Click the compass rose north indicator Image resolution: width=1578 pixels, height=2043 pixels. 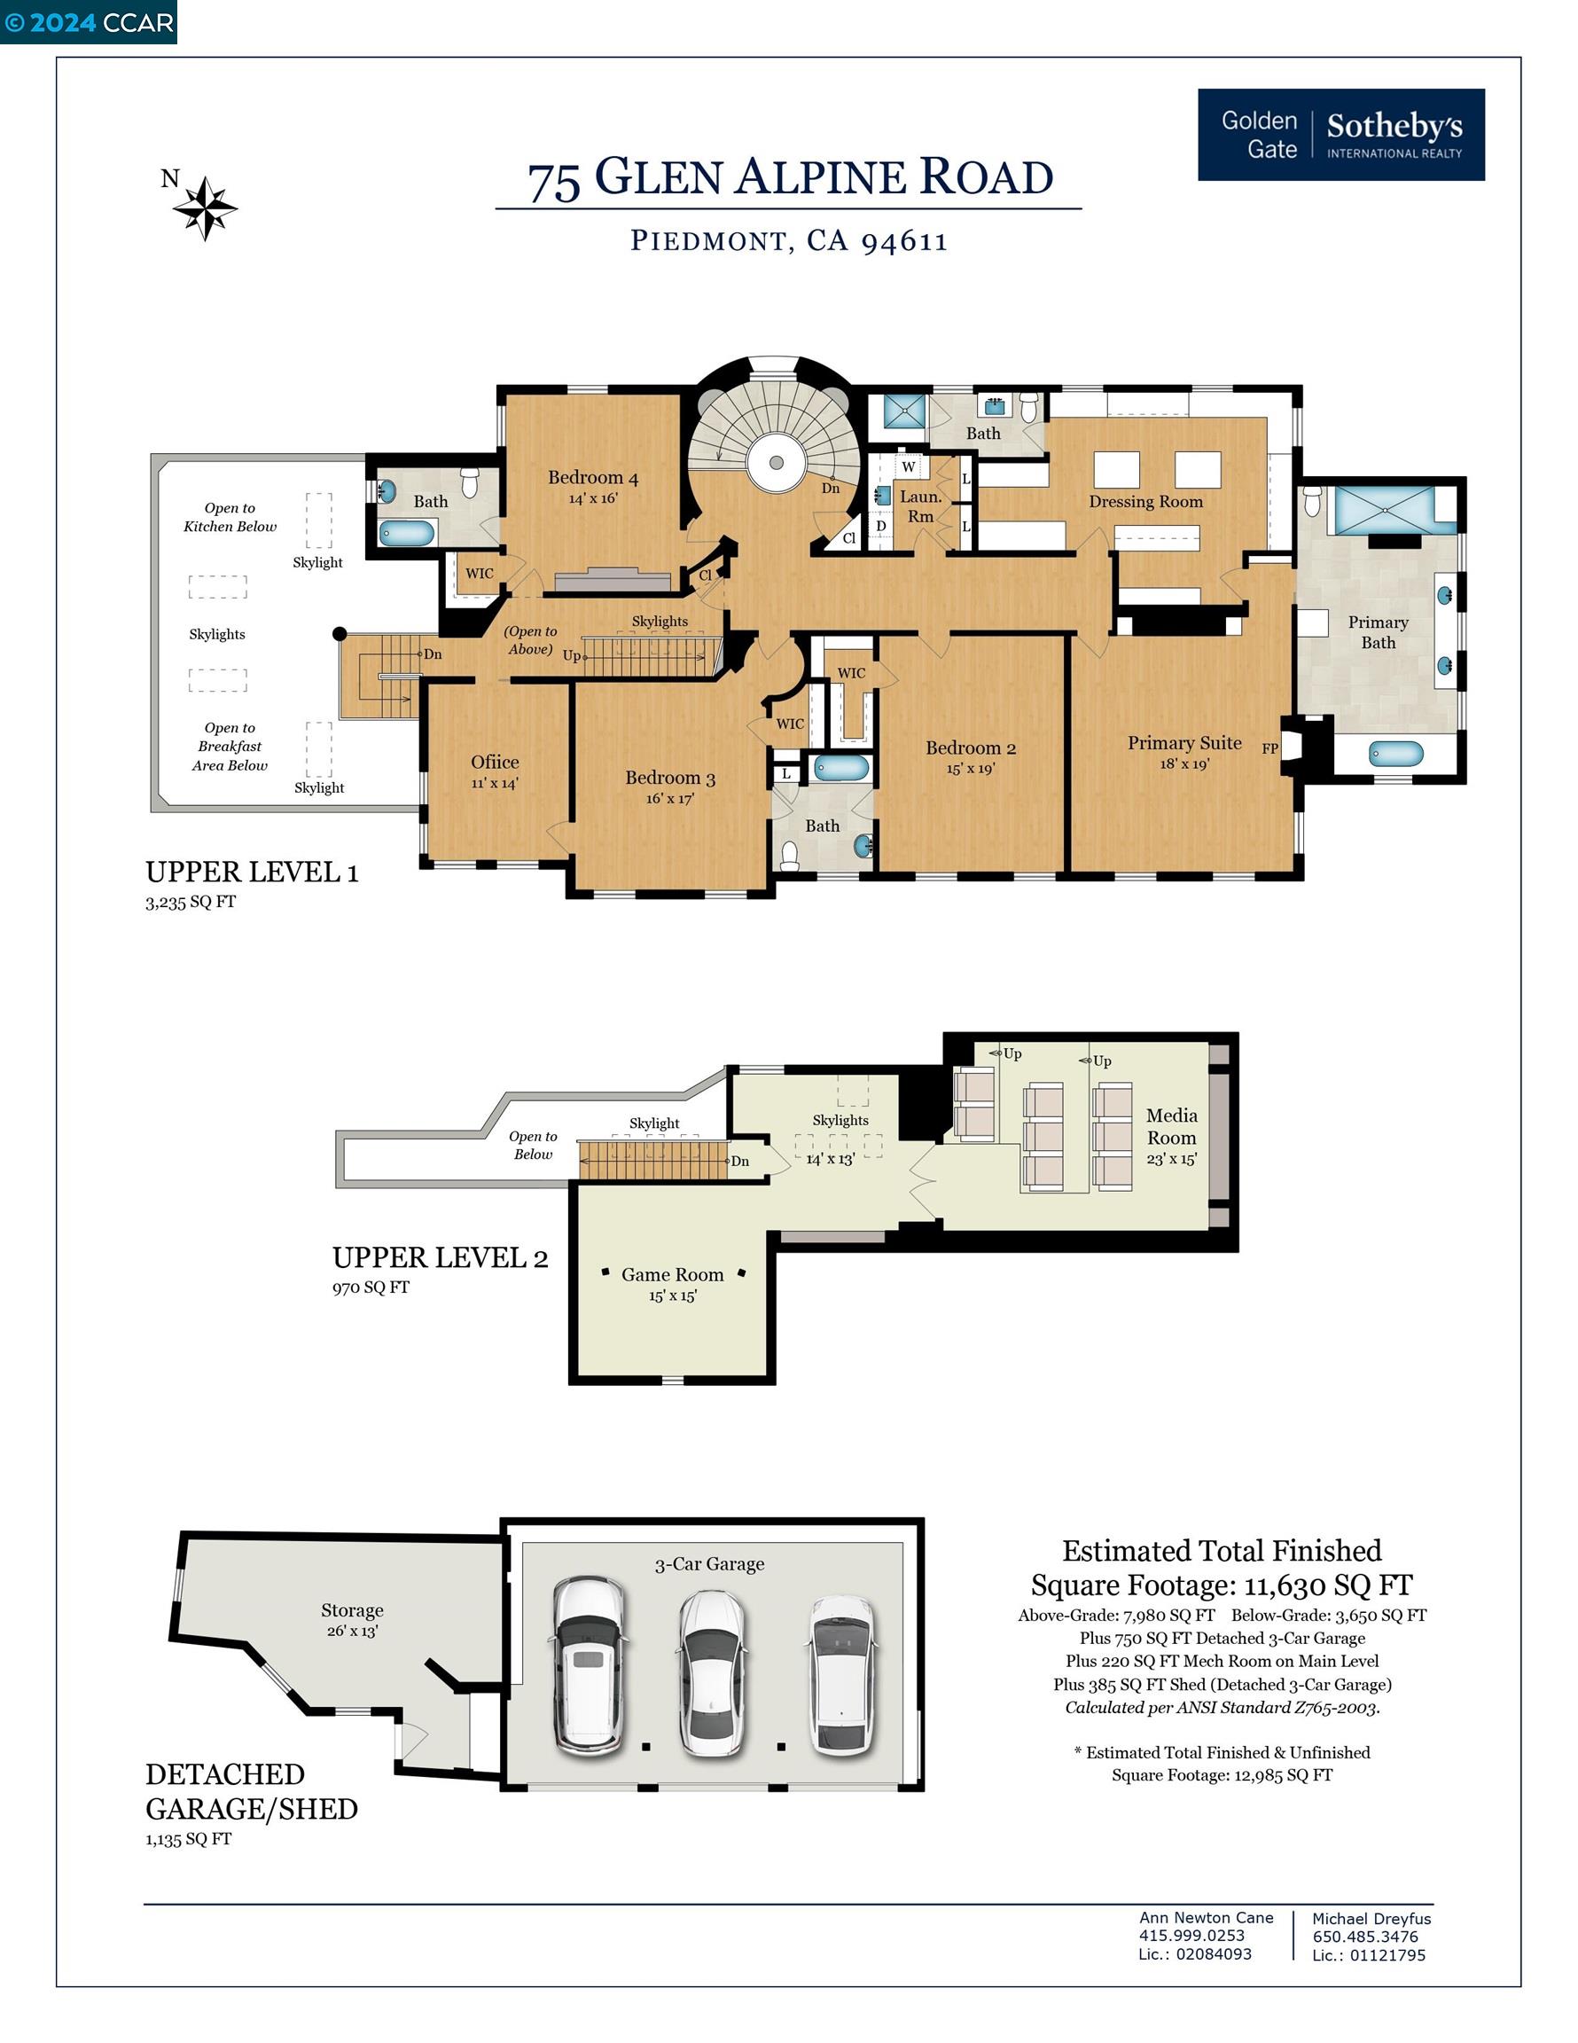coord(205,207)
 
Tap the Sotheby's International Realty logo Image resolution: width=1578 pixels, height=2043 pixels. coord(1340,135)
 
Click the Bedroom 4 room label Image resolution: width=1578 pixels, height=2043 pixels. coord(593,478)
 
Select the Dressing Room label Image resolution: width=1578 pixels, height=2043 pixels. coord(1146,501)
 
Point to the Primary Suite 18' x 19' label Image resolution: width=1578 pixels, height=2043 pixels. coord(1184,752)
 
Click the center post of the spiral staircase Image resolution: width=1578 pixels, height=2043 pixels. coord(777,462)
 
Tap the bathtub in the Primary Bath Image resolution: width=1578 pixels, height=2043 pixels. coord(1395,753)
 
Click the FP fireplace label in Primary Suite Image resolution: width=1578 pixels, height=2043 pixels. coord(1269,748)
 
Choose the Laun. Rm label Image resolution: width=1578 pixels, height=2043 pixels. coord(920,506)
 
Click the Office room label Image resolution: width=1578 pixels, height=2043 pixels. coord(495,762)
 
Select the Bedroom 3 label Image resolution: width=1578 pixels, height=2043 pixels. coord(669,778)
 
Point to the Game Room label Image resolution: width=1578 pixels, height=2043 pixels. coord(673,1274)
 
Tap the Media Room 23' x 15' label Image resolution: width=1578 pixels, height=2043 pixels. coord(1171,1137)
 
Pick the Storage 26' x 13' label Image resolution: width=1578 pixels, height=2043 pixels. coord(352,1619)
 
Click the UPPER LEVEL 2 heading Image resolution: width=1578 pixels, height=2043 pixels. coord(440,1257)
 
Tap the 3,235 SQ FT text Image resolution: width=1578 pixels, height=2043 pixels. coord(191,902)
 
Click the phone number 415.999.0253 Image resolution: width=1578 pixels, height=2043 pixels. coord(1191,1936)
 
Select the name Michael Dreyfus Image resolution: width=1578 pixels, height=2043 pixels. coord(1371,1919)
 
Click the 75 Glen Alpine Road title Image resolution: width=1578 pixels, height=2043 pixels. coord(791,177)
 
